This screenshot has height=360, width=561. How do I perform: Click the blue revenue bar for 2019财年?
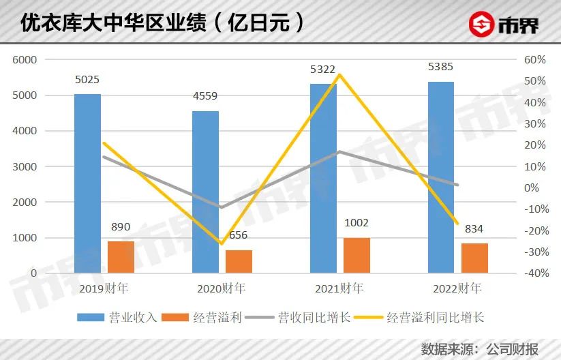(87, 184)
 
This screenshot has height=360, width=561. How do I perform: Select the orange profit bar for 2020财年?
(239, 261)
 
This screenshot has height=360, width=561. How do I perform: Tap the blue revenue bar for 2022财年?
(441, 177)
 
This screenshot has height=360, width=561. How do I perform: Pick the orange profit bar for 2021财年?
(357, 255)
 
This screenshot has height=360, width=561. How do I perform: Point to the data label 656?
(239, 235)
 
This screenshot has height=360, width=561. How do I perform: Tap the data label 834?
(474, 228)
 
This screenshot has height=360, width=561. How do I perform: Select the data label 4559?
(206, 96)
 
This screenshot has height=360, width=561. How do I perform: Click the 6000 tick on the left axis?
(25, 60)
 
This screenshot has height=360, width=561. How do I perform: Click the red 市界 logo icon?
(482, 25)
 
